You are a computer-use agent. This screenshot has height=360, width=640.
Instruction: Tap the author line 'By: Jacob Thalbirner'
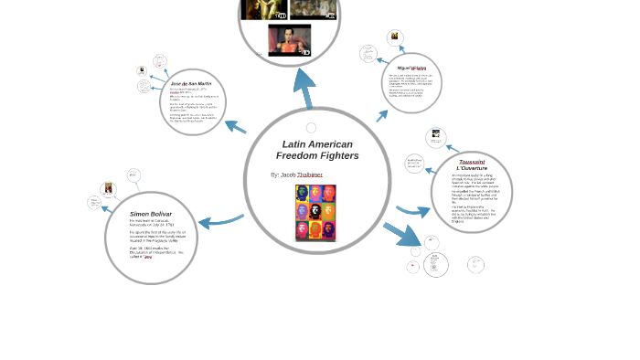(297, 174)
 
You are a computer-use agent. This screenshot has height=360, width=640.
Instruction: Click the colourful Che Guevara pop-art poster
(315, 212)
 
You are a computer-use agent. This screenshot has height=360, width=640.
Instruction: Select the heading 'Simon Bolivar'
(151, 213)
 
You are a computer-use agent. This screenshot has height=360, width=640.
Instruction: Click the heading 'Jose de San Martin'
(192, 83)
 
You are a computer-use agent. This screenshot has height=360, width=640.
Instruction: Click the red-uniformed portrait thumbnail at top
(289, 39)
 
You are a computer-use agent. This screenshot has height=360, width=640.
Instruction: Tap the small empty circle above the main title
(311, 128)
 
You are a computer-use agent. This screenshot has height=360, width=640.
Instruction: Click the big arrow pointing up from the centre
(303, 88)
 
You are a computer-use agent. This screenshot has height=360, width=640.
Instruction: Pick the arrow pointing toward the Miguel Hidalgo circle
(383, 115)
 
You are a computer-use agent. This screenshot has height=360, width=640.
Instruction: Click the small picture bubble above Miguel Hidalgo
(394, 37)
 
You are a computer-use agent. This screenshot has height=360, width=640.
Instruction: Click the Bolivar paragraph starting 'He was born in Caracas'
(150, 223)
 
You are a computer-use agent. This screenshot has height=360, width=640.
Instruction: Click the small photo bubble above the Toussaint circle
(437, 138)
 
